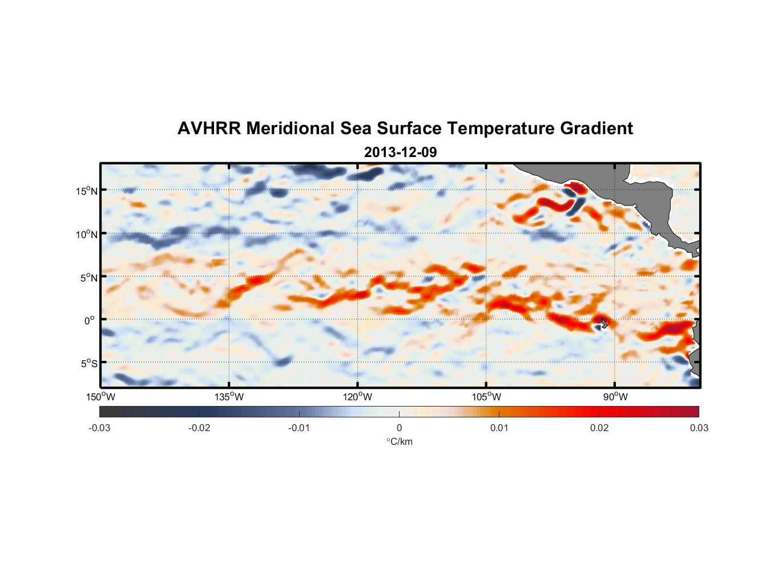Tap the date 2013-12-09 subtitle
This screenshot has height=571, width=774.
point(400,152)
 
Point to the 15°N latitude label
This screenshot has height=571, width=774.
point(87,191)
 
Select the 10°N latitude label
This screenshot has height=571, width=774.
point(87,234)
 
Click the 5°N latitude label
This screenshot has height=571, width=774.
point(88,278)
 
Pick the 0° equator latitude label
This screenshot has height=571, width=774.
point(90,321)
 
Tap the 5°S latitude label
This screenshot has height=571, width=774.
point(88,364)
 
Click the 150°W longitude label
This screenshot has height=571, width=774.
point(100,397)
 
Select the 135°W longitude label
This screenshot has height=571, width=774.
point(229,397)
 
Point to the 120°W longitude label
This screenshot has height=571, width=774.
point(357,397)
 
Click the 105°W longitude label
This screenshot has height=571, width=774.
point(486,397)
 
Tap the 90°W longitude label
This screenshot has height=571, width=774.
point(615,397)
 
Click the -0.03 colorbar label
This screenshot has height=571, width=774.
point(99,428)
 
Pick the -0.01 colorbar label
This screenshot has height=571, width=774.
point(299,428)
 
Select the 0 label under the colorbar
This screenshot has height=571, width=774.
point(399,428)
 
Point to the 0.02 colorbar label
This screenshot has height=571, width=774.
point(599,428)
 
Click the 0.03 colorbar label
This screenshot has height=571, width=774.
point(699,428)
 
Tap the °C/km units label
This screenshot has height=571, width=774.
point(399,441)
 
